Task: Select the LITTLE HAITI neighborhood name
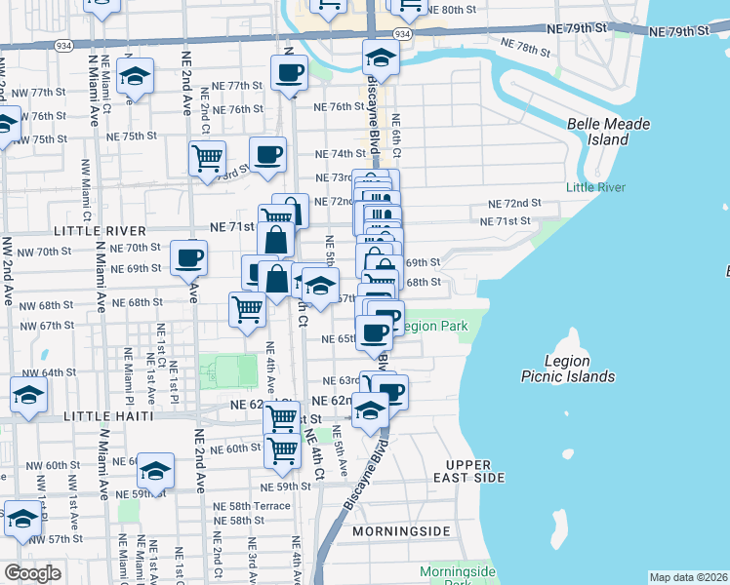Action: pos(108,416)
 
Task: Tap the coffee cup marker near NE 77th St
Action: pos(289,72)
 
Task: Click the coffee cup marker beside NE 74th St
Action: pos(267,152)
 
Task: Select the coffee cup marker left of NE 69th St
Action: pos(188,257)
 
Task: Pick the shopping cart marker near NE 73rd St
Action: pos(207,157)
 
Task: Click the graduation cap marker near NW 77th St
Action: pos(135,75)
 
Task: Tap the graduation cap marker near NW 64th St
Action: pos(28,395)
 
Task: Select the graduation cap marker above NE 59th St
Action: pos(154,471)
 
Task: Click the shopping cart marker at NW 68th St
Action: pos(247,308)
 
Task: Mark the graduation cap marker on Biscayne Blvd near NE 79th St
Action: pos(381,58)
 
